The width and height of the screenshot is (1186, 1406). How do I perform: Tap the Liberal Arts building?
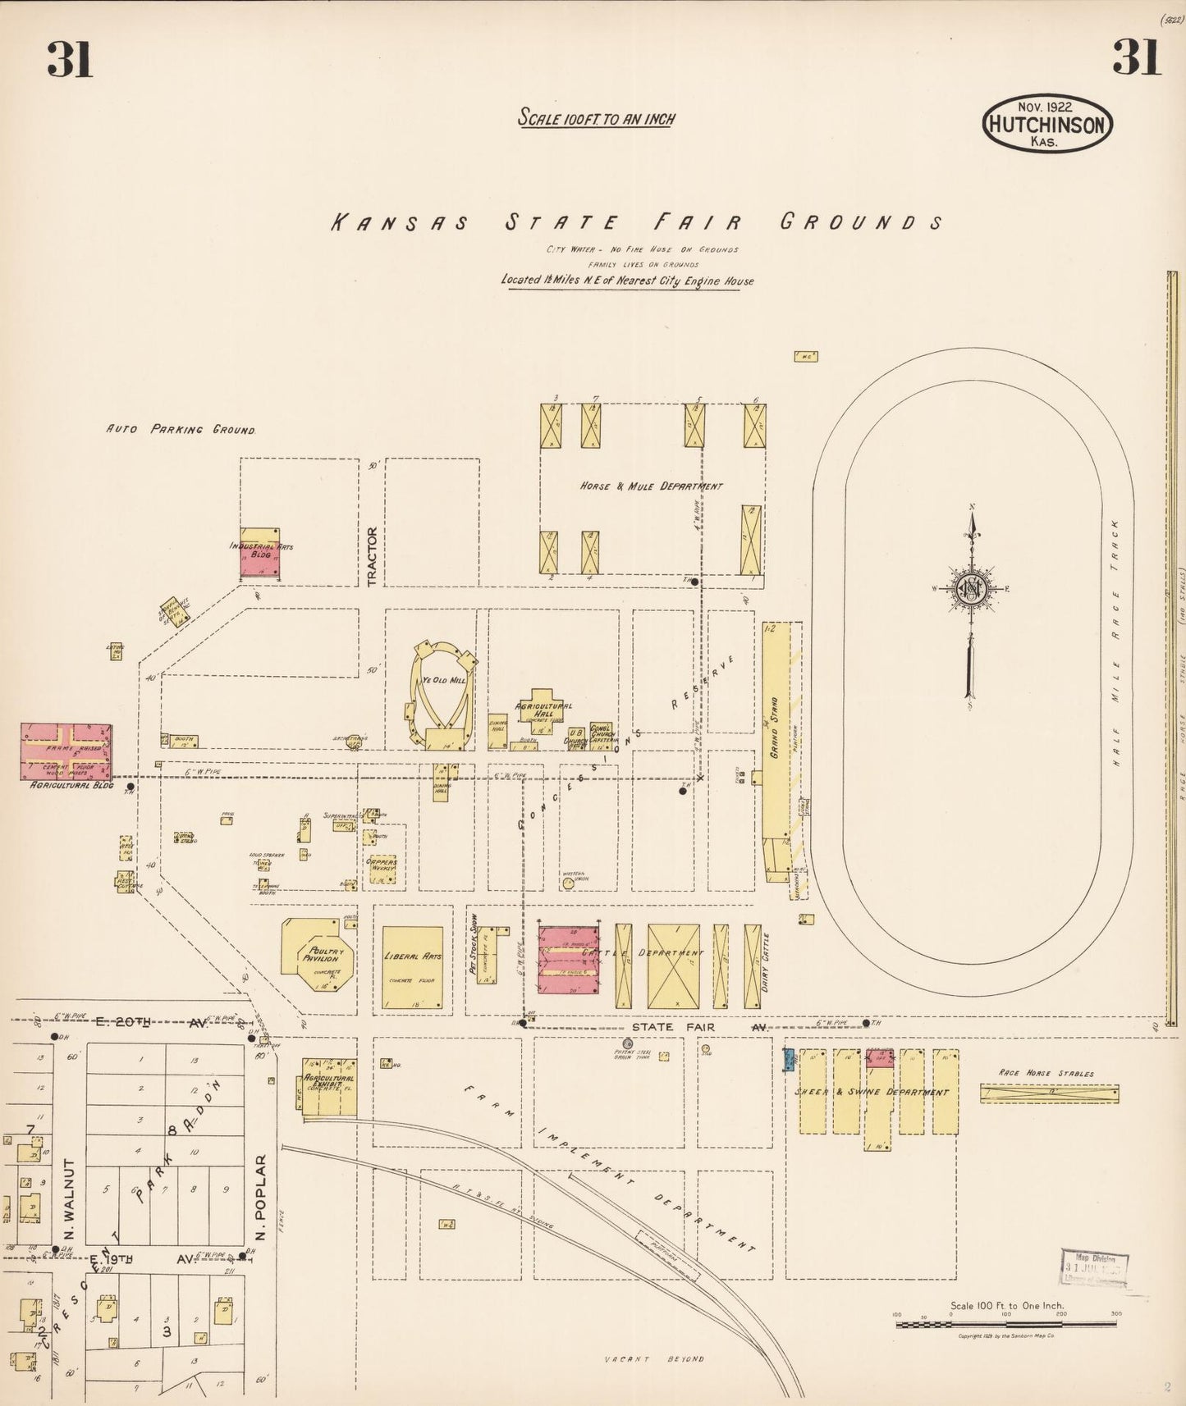tap(413, 968)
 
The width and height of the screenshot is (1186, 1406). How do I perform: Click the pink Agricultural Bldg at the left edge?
tap(66, 751)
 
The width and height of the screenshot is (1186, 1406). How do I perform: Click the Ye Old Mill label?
tap(443, 681)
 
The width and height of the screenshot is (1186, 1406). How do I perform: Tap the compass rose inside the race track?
tap(972, 587)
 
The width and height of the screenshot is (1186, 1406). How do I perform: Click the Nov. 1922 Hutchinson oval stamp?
tap(1048, 123)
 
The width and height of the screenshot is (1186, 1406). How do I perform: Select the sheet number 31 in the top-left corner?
tap(70, 59)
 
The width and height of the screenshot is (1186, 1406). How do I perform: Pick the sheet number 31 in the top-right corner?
tap(1137, 57)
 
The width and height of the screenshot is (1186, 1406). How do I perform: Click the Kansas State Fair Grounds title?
tap(637, 222)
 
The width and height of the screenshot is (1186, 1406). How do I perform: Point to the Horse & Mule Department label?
tap(652, 486)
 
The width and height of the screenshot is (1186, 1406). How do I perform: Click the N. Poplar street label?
tap(261, 1198)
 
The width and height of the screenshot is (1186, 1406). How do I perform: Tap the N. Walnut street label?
tap(70, 1199)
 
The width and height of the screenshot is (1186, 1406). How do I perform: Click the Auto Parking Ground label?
tap(181, 429)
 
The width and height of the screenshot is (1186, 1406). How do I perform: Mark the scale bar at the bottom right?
tap(1005, 1324)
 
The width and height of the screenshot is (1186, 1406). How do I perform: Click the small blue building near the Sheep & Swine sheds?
tap(789, 1060)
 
